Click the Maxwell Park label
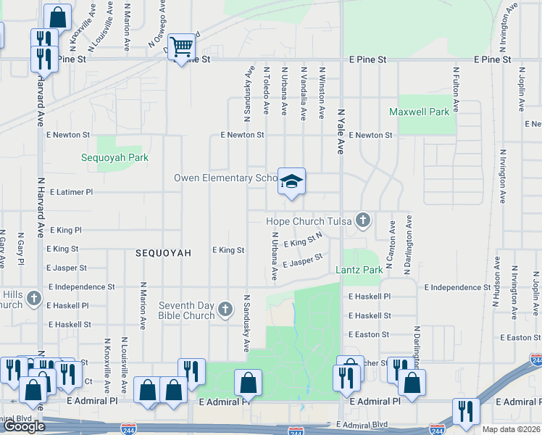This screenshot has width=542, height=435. point(419,112)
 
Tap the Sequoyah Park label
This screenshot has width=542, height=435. point(114,157)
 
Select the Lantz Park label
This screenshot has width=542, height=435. point(359,270)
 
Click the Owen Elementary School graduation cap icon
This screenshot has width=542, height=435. point(291,181)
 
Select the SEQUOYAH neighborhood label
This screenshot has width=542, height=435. point(163,253)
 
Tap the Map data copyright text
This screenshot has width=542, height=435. point(512,429)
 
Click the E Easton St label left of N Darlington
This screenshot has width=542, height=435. point(369,335)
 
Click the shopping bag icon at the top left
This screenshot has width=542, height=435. point(57,17)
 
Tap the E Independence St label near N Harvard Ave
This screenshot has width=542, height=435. point(82,287)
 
